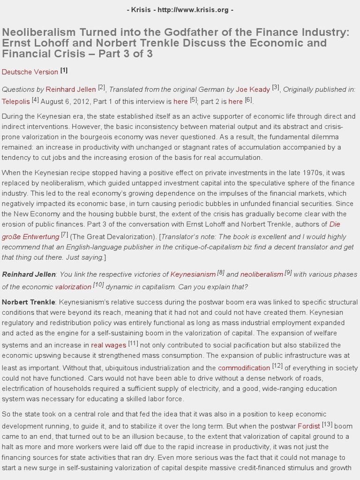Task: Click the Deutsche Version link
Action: coord(30,72)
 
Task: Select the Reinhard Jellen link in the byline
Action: coord(71,89)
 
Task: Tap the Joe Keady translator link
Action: coord(253,89)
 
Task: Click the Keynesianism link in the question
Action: coord(193,274)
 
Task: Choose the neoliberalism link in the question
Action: coord(262,274)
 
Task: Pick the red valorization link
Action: coord(73,286)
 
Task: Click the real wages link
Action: coord(109,345)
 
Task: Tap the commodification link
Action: coord(244,367)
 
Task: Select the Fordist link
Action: coord(309,426)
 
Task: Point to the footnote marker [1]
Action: coord(64,70)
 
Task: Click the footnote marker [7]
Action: coord(65,234)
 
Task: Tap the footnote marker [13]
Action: coord(327,424)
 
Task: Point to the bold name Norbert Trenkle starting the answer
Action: coord(29,302)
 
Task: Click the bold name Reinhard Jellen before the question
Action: coord(29,274)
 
